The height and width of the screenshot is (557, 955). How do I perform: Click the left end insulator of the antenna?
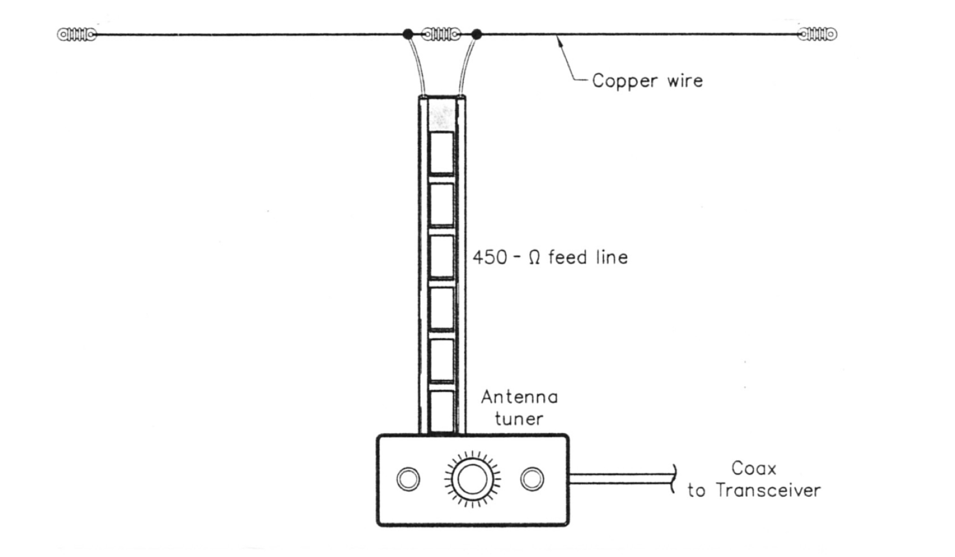coord(77,34)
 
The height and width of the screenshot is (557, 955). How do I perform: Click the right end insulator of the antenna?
coord(817,34)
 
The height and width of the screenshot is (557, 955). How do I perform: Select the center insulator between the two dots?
coord(441,34)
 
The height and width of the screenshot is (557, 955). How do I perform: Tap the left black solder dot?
coord(408,34)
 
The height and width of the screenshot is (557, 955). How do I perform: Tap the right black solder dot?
coord(477,34)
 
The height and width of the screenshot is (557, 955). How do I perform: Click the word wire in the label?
coord(685,81)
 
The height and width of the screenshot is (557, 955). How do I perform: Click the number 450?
coord(490,257)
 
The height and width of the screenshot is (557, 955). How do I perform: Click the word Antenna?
coord(519,397)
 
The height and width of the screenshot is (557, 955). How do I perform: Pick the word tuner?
coord(519,419)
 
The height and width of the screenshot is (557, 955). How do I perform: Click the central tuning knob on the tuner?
coord(472,479)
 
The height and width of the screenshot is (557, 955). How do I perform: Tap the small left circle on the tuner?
coord(408,479)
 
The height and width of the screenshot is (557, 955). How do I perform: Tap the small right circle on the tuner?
coord(532,479)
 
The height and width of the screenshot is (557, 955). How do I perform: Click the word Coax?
coord(754,468)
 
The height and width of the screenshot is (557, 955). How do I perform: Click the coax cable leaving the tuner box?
coord(620,479)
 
